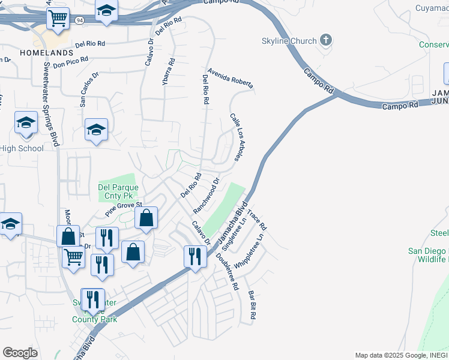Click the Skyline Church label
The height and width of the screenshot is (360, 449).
tap(280, 41)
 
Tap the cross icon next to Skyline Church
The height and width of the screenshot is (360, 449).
tap(326, 40)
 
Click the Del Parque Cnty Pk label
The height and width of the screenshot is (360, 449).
tap(118, 191)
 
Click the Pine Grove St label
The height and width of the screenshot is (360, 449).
tap(122, 208)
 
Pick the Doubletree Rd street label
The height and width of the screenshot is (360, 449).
tap(228, 271)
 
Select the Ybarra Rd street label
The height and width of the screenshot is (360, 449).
tap(172, 70)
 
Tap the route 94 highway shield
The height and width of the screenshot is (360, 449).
tap(80, 20)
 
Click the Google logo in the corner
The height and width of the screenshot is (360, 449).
tap(20, 353)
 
